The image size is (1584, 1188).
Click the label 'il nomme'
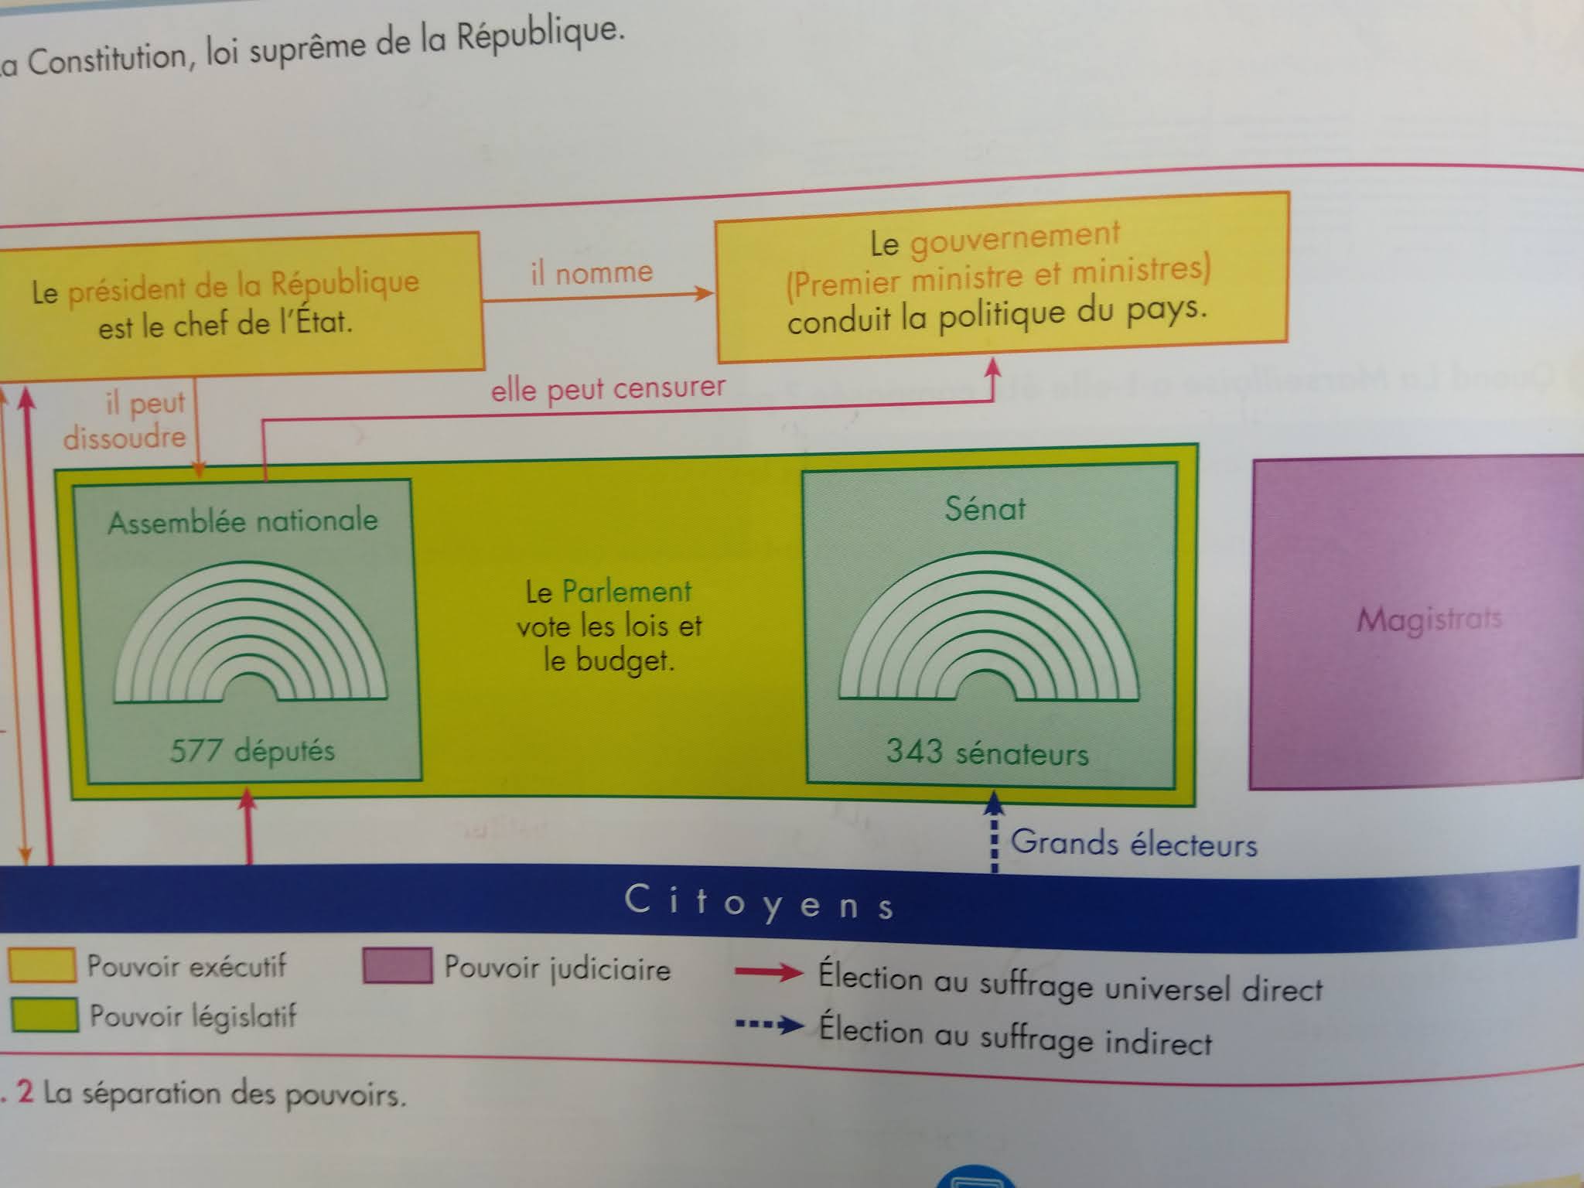[x=592, y=272]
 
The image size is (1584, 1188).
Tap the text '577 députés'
[x=252, y=750]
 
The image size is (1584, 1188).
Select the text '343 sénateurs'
[x=987, y=752]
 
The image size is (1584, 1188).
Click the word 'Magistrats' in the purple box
[x=1429, y=620]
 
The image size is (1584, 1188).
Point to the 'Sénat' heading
[x=985, y=509]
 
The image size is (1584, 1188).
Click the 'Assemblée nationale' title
[x=243, y=521]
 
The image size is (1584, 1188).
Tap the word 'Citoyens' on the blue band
[x=760, y=903]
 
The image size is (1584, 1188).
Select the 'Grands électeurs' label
[x=1133, y=843]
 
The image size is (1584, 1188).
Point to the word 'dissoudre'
[x=125, y=438]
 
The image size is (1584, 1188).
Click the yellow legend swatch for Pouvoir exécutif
[x=42, y=965]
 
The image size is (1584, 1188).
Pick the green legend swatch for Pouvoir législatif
[x=45, y=1015]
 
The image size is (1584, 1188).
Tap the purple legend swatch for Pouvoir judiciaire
[x=397, y=966]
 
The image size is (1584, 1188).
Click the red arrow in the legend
[x=769, y=972]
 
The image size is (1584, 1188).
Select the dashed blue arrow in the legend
[x=770, y=1026]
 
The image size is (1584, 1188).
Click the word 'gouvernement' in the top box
[x=1014, y=238]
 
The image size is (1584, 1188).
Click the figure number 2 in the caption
[x=25, y=1091]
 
